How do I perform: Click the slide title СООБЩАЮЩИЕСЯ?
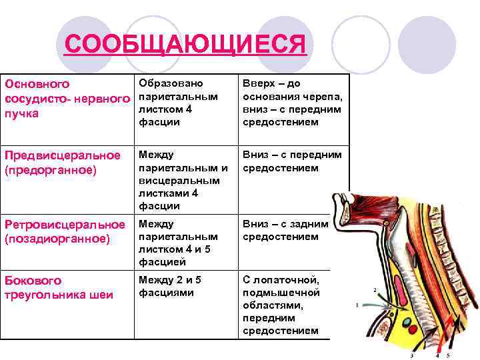point(186,46)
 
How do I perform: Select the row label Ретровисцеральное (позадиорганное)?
point(65,231)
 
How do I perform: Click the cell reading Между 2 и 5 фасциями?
point(170,286)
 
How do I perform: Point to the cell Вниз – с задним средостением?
point(285,230)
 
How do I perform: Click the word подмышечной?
point(281,293)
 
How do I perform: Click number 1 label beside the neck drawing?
point(358,305)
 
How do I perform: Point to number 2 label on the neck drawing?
point(375,290)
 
